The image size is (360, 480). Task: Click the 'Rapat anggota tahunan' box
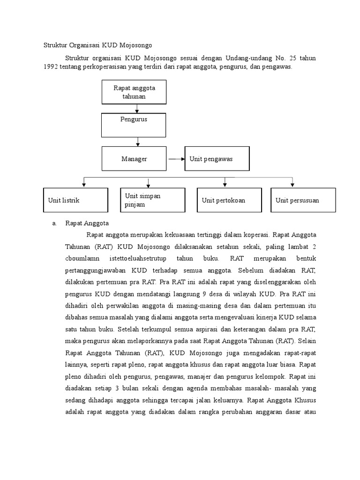(134, 92)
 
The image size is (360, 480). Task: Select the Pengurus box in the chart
(134, 125)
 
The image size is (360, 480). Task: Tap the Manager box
(134, 159)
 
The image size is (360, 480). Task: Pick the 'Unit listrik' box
(75, 200)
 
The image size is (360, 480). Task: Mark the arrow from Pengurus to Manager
(137, 141)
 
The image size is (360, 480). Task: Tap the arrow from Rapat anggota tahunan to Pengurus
(136, 109)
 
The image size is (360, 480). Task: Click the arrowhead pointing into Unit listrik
(84, 185)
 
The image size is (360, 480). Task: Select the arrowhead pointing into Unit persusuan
(292, 185)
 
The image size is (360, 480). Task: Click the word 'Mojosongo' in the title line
(137, 45)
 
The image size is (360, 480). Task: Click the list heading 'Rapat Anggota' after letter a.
(87, 223)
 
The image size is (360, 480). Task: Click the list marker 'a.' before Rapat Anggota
(54, 223)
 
